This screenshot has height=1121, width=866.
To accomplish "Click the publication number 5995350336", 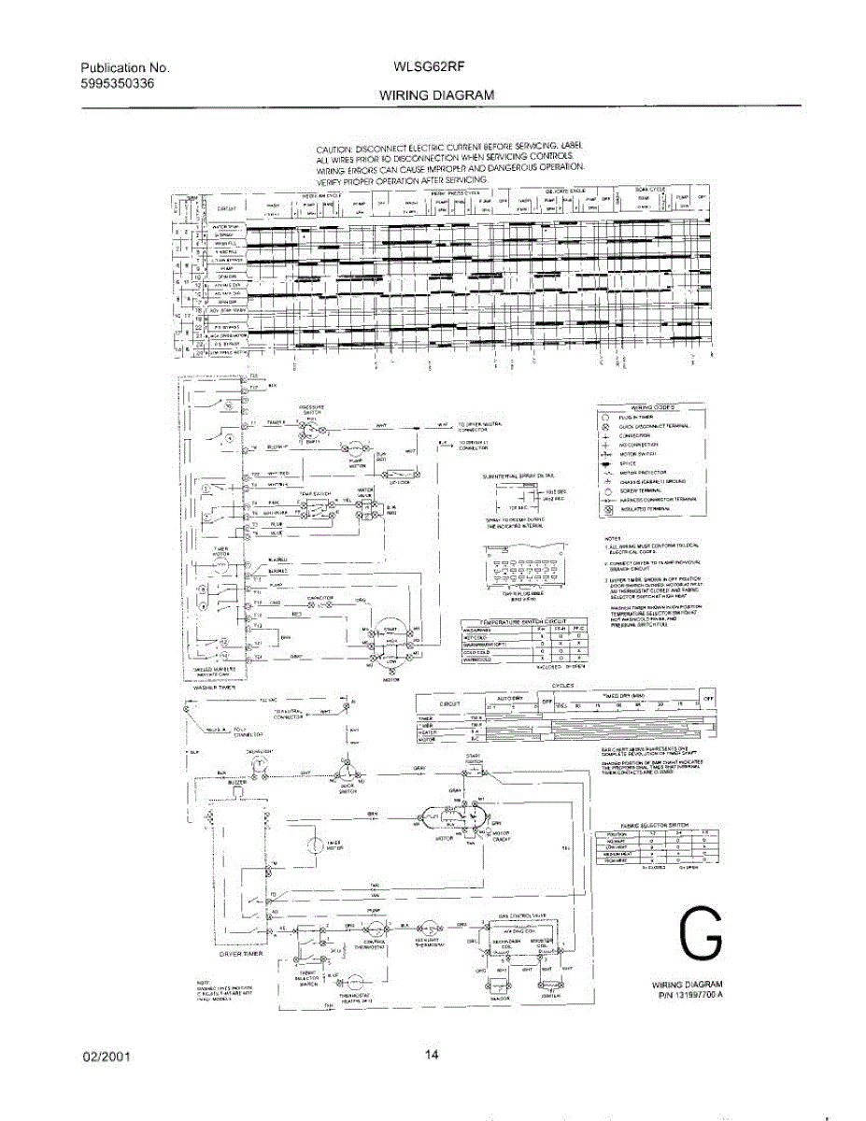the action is pos(118,83).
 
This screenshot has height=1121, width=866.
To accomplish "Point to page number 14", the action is pos(432,1057).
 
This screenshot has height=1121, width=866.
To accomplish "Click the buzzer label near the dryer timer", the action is pos(237,781).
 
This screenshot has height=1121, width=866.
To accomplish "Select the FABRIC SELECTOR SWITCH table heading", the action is pos(660,825).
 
